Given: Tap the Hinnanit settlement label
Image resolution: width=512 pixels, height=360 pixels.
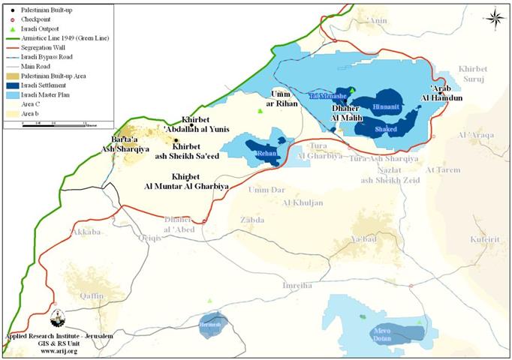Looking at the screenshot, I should pos(386,107).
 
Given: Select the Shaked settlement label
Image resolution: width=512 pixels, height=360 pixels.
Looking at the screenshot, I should pos(387,128).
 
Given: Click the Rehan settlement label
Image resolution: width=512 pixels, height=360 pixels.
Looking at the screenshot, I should pos(267,152).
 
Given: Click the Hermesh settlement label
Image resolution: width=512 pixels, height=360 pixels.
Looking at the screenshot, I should pos(211,325).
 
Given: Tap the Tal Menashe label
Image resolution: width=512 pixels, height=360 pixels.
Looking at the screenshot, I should pos(327,96).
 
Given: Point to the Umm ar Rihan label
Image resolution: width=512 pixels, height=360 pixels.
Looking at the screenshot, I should pos(279,98).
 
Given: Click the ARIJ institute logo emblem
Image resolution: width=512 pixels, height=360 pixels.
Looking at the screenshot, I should pos(58,316).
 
